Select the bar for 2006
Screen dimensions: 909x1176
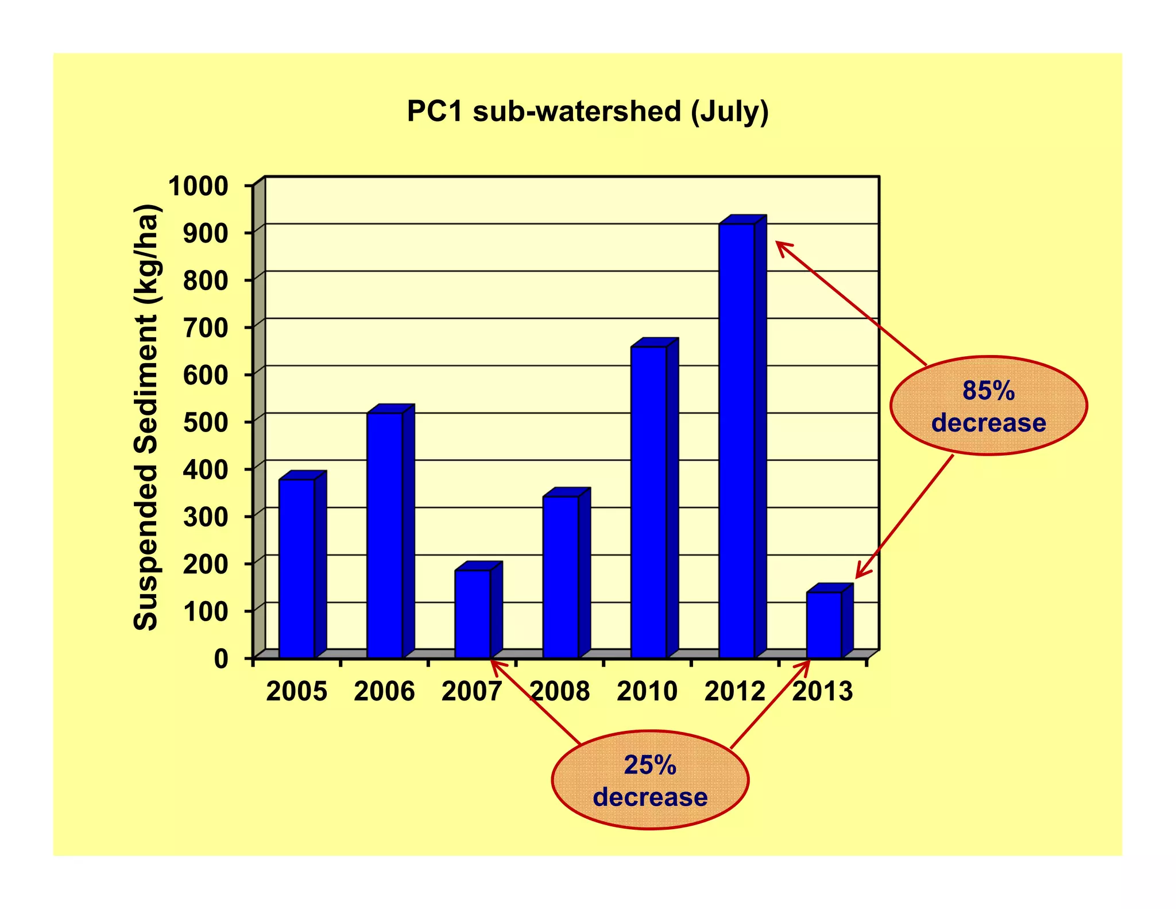(x=385, y=534)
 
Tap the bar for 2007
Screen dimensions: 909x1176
(x=473, y=613)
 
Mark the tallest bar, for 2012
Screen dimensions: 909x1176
(x=737, y=440)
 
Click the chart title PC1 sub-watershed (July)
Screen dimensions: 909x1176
(x=587, y=111)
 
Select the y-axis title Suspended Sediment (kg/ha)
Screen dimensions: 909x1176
(x=146, y=417)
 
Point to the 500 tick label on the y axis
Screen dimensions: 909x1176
(x=206, y=422)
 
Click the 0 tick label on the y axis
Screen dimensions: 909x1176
(x=221, y=658)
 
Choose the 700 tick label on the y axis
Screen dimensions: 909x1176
(x=206, y=328)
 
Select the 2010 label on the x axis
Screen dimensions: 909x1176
(x=647, y=691)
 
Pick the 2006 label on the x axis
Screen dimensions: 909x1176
(x=384, y=691)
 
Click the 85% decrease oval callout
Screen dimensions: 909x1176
(x=988, y=406)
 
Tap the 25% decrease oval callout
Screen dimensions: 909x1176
(x=650, y=780)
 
